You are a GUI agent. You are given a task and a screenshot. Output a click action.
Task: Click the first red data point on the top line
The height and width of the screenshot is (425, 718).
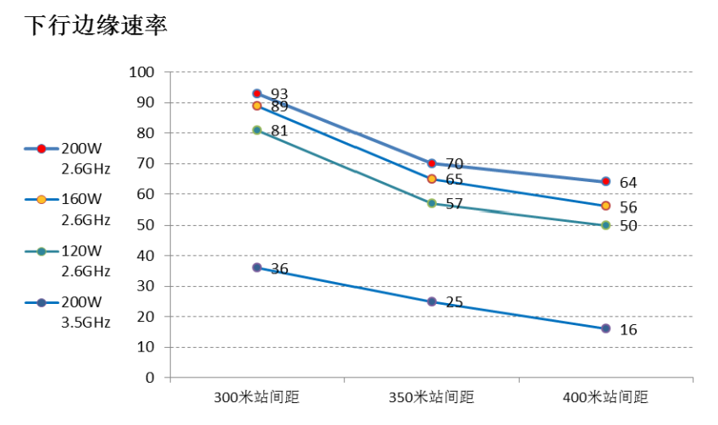click(257, 94)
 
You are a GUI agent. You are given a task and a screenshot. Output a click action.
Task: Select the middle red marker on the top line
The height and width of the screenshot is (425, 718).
click(431, 163)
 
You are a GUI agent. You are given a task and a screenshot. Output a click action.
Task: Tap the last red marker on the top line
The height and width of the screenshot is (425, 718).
click(605, 181)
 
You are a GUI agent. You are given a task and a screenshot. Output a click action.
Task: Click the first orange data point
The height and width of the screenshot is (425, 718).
click(257, 106)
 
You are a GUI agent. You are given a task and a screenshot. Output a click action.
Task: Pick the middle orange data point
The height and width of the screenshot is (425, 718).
click(431, 179)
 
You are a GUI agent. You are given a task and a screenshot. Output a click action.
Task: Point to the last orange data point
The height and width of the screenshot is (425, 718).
click(605, 206)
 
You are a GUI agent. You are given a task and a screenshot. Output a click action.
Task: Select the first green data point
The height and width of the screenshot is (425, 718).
click(257, 130)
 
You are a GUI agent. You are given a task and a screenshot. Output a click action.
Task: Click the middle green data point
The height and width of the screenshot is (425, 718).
click(431, 203)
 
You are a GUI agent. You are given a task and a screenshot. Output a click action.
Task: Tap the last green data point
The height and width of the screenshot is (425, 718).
click(605, 225)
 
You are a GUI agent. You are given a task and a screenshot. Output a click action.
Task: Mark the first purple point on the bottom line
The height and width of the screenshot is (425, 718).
click(257, 268)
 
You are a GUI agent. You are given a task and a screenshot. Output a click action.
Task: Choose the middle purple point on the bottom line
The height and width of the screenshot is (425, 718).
click(431, 301)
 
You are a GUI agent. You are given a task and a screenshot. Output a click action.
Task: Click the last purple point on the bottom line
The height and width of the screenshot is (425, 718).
click(605, 328)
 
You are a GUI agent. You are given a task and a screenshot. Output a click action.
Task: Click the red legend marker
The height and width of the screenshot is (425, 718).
click(41, 149)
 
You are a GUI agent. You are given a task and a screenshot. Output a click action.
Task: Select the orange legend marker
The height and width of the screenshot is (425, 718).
click(41, 200)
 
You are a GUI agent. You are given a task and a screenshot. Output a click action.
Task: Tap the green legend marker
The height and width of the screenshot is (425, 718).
click(41, 251)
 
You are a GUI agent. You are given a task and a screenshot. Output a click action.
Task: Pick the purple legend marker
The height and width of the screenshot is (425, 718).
click(41, 302)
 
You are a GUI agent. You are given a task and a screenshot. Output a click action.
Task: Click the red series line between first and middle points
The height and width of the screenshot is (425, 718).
click(344, 129)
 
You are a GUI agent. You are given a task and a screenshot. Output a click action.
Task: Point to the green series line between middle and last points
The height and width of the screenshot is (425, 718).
click(518, 214)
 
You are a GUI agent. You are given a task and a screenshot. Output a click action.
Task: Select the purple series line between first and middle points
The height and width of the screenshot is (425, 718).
click(344, 284)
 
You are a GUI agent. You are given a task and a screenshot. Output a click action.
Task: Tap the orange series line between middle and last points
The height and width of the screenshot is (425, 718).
click(518, 192)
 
